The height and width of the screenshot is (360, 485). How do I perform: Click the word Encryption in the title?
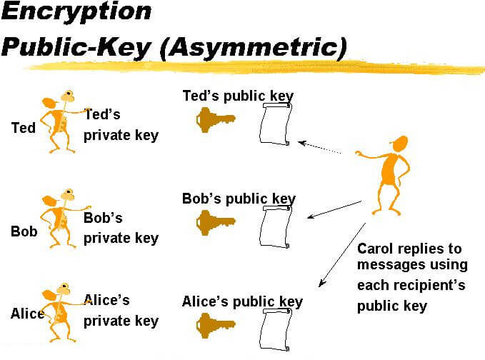(76, 12)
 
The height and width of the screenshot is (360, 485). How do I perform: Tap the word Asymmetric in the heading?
(253, 47)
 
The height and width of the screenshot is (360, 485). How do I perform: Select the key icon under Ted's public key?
(216, 120)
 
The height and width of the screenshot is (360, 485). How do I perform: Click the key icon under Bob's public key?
(216, 223)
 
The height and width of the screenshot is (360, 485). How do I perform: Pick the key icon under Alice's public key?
(216, 326)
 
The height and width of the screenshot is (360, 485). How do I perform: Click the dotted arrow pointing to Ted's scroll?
(319, 147)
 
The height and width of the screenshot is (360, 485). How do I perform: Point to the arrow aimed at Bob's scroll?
(334, 210)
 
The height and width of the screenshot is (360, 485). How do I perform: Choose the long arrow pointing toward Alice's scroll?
(342, 255)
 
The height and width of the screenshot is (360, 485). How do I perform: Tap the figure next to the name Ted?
(62, 121)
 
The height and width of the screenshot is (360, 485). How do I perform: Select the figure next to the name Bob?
(62, 219)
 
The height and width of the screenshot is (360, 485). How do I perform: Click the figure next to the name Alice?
(60, 312)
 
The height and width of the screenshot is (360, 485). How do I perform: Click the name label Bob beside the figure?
(24, 231)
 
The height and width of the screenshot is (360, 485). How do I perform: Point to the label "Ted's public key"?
(238, 96)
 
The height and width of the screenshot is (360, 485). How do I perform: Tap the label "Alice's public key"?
(243, 302)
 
